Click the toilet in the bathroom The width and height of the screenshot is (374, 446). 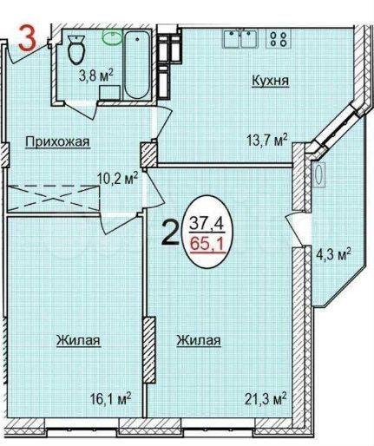(x=76, y=49)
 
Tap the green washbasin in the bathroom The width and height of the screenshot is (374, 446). (x=113, y=37)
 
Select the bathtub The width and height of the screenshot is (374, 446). (x=137, y=64)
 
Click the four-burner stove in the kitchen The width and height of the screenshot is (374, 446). (x=279, y=39)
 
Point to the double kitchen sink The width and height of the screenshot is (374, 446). (x=240, y=38)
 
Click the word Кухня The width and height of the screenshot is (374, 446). (x=271, y=81)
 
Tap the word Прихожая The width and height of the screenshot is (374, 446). (x=57, y=142)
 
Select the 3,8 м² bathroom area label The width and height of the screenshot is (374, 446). (x=95, y=76)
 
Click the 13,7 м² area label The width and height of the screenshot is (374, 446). (x=267, y=141)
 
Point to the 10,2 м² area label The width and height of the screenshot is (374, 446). (x=117, y=179)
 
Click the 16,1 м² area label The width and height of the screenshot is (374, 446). (x=110, y=399)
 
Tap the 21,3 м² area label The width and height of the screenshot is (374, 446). (x=266, y=399)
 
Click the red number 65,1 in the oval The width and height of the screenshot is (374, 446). (x=207, y=246)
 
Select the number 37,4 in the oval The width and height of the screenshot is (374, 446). (x=207, y=224)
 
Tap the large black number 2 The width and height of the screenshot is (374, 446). (x=171, y=232)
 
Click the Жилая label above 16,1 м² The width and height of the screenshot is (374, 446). (x=78, y=339)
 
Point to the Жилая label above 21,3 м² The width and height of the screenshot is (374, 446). (x=199, y=340)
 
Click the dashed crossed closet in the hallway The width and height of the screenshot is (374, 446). (x=52, y=198)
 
